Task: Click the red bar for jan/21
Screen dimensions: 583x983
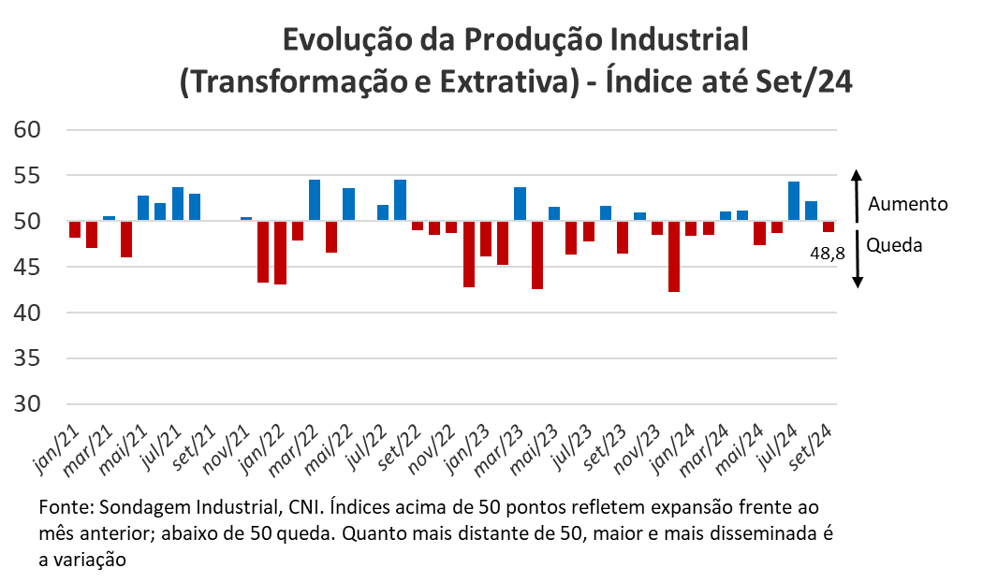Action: [x=75, y=229]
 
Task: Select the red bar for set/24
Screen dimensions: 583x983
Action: [x=829, y=226]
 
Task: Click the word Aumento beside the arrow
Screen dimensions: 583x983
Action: [x=908, y=204]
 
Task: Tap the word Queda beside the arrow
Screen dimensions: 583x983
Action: [x=894, y=245]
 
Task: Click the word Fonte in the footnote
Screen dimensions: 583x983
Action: [x=63, y=508]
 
